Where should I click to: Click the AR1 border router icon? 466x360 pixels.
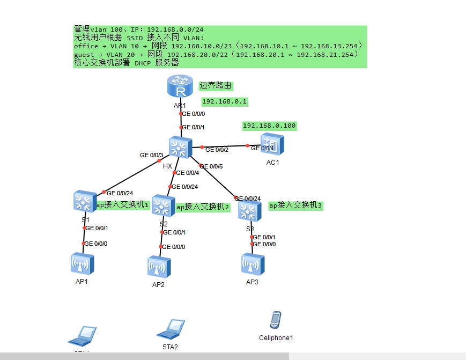[180, 86]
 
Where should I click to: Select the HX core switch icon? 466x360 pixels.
[180, 148]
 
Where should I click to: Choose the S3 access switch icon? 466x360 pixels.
[249, 211]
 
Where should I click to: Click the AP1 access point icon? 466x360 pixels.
[82, 264]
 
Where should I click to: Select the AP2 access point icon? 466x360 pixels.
[159, 267]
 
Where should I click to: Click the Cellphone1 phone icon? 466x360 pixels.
[276, 320]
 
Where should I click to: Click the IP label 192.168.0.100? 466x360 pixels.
[269, 126]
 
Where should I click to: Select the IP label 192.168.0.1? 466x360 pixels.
[225, 101]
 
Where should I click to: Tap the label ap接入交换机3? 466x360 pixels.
[296, 205]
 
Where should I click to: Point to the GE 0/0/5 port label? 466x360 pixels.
[211, 166]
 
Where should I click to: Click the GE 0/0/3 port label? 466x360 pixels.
[151, 155]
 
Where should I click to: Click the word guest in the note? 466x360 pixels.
[83, 55]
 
